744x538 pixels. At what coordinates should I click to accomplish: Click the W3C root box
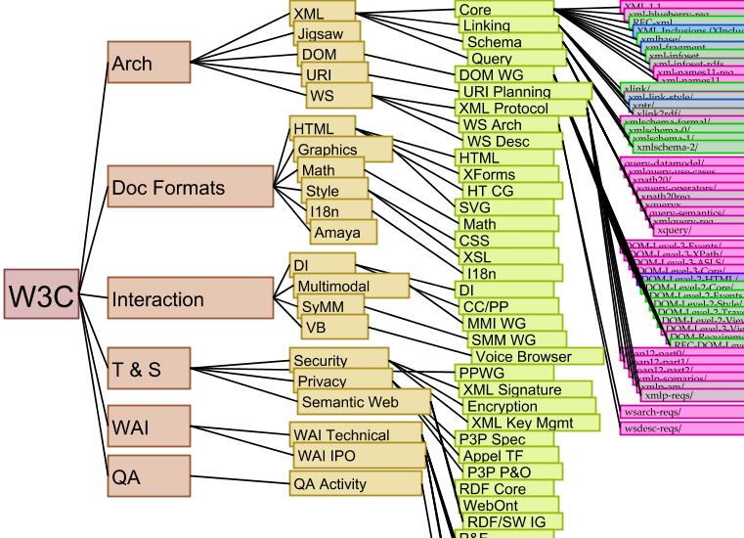(41, 294)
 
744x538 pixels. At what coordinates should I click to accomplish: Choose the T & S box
(149, 369)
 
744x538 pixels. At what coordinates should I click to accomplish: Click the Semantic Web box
(363, 402)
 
